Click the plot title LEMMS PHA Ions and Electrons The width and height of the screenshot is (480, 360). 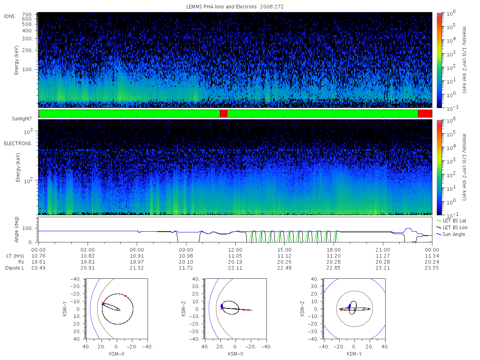coord(221,7)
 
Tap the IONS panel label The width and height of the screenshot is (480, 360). coord(9,16)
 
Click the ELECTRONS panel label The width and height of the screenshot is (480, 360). coord(18,144)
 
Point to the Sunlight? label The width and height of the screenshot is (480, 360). coord(22,119)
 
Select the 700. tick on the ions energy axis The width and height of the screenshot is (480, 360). coord(27,15)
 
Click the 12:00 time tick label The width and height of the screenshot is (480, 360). coord(235,250)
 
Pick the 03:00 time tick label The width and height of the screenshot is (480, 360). coord(88,250)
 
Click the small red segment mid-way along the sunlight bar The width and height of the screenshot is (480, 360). coord(224,114)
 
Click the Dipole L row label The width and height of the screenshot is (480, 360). coord(15,268)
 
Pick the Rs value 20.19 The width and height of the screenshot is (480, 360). coord(235,262)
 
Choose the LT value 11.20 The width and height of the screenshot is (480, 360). coord(334,256)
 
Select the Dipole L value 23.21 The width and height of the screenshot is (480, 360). coord(383,268)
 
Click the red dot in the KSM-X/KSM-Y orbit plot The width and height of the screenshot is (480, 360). coord(125,296)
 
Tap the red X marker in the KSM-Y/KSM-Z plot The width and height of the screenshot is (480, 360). coord(349,308)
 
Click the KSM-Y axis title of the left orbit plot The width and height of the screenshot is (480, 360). coord(65,309)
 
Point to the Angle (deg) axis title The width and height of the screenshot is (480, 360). coord(16,230)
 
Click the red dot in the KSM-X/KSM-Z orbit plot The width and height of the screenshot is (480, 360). coord(244,310)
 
